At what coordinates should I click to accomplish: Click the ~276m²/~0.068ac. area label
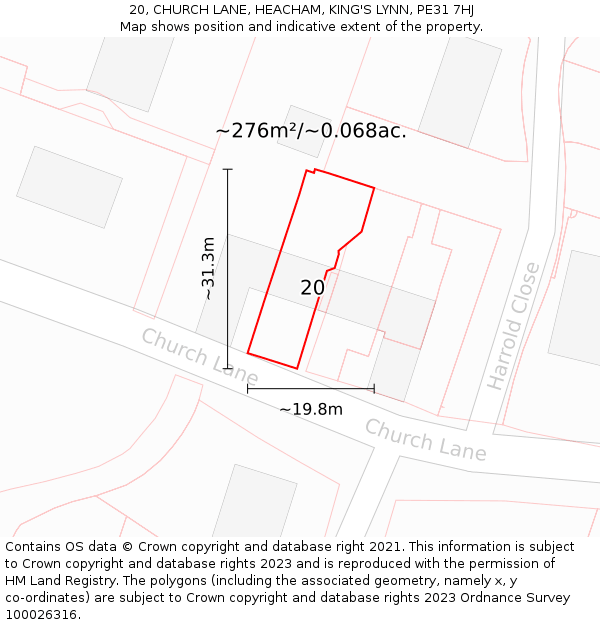[x=311, y=131]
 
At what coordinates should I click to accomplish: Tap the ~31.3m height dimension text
[x=208, y=268]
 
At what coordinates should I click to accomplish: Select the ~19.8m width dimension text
[x=310, y=409]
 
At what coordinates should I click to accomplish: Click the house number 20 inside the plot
[x=312, y=288]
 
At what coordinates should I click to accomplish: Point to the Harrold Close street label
[x=514, y=326]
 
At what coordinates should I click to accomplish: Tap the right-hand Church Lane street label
[x=425, y=440]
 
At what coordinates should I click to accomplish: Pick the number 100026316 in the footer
[x=42, y=614]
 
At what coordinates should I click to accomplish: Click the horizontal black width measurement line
[x=310, y=389]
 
